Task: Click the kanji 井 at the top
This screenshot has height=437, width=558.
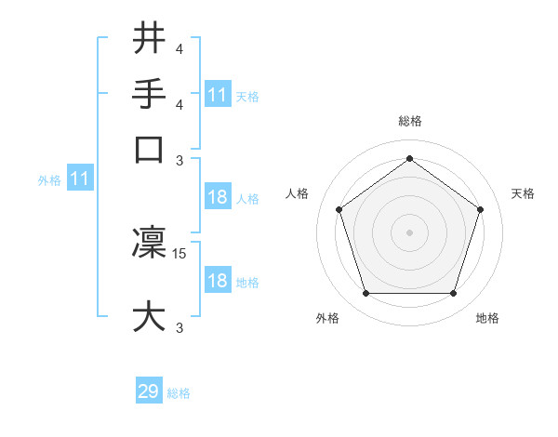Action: pos(149,39)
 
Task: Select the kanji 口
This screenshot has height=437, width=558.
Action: pos(149,148)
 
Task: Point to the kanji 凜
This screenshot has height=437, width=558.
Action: pos(149,244)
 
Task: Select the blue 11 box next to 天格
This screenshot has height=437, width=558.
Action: pos(218,95)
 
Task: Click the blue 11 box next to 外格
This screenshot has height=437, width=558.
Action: pos(80,179)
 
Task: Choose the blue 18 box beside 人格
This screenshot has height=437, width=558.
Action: pos(218,198)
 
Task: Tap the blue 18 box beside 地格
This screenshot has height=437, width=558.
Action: pos(218,282)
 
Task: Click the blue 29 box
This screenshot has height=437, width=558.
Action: pos(149,392)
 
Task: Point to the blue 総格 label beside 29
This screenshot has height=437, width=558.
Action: pos(179,393)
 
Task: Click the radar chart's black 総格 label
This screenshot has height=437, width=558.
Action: pos(410,122)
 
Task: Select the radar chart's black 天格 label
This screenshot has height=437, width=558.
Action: pos(523,193)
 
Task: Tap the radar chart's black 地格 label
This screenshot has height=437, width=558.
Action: pos(487,319)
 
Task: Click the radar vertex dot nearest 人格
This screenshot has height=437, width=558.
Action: pos(339,209)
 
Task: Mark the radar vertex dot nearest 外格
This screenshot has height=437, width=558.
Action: pos(365,294)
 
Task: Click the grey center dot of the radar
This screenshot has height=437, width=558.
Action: pos(410,232)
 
